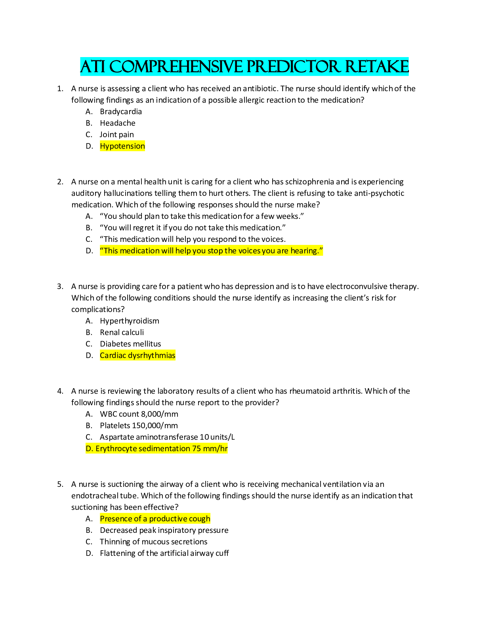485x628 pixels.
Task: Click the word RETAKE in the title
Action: coord(376,67)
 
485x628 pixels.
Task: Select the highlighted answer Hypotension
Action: coord(122,146)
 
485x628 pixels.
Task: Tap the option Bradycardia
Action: coord(120,112)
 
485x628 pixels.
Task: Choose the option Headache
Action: coord(117,123)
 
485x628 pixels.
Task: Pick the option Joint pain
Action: coord(116,135)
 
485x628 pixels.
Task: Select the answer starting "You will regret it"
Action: coord(193,228)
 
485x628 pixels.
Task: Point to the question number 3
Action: coord(60,286)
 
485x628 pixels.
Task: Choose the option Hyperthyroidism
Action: coord(129,321)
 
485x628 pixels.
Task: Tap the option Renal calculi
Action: coord(122,333)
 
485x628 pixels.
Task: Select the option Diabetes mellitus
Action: coord(130,344)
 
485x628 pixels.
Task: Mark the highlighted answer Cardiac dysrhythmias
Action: coord(137,356)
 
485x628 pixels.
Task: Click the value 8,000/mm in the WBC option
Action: coord(159,414)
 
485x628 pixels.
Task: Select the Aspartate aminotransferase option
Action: coord(167,437)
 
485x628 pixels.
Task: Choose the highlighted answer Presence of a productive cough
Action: coord(155,519)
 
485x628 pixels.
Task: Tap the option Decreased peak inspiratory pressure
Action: coord(164,530)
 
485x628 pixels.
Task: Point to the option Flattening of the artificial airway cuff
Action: coord(164,553)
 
